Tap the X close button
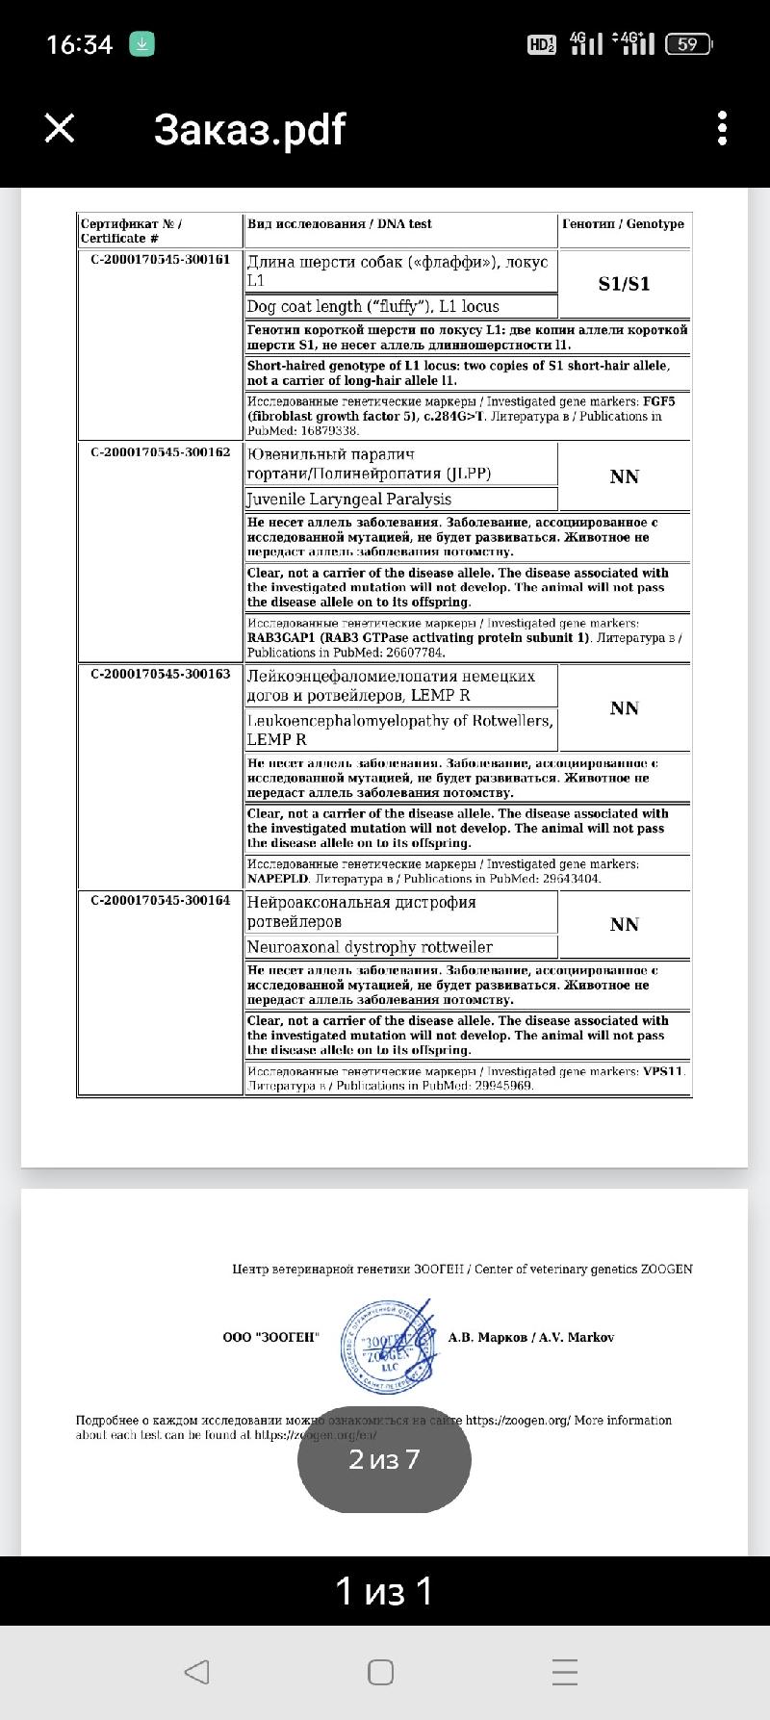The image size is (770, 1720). pyautogui.click(x=60, y=128)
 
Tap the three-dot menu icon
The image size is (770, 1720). pyautogui.click(x=722, y=128)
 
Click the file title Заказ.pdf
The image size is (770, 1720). pyautogui.click(x=249, y=129)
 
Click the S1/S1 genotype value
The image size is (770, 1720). pyautogui.click(x=624, y=283)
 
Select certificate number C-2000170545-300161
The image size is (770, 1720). pyautogui.click(x=161, y=259)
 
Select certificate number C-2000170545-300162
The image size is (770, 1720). pyautogui.click(x=161, y=451)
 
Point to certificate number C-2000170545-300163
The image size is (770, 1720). pyautogui.click(x=161, y=674)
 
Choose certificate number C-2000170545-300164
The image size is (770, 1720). pyautogui.click(x=161, y=900)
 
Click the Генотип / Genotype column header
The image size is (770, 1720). pyautogui.click(x=623, y=224)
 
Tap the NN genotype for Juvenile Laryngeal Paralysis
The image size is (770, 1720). pyautogui.click(x=624, y=476)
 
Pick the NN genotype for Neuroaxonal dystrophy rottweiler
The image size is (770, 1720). pyautogui.click(x=624, y=924)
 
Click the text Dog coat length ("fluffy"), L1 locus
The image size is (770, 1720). pyautogui.click(x=373, y=306)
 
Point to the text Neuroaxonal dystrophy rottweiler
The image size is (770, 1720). pyautogui.click(x=370, y=947)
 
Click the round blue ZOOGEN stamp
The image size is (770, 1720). pyautogui.click(x=381, y=1345)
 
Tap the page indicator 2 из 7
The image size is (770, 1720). pyautogui.click(x=384, y=1459)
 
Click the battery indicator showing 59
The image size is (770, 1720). pyautogui.click(x=687, y=44)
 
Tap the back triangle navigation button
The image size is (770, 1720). pyautogui.click(x=196, y=1672)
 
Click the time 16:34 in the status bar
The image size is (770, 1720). pyautogui.click(x=80, y=44)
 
